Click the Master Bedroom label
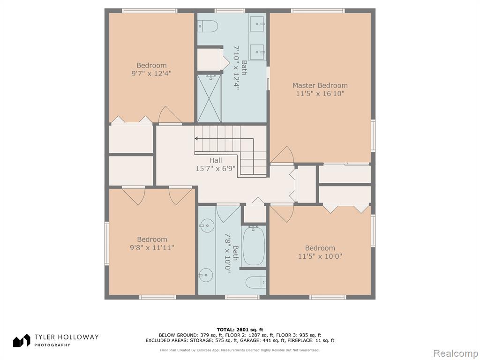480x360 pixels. (x=320, y=85)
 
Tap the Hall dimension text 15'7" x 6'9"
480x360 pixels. (x=216, y=168)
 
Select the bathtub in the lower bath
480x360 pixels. (x=254, y=246)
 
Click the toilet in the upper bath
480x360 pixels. (x=208, y=26)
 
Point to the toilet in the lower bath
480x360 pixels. (x=256, y=282)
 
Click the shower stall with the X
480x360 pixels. (x=209, y=98)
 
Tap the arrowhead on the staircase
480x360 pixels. (x=196, y=139)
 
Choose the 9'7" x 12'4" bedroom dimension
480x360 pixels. (x=151, y=74)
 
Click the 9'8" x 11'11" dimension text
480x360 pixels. (x=152, y=247)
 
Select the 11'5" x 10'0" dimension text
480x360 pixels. (x=320, y=256)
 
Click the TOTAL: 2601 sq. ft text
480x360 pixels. (x=240, y=330)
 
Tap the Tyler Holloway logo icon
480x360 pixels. (x=22, y=340)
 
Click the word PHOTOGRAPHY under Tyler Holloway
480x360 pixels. (x=52, y=345)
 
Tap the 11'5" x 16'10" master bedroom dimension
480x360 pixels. (x=320, y=94)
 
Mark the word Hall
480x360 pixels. (x=216, y=160)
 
